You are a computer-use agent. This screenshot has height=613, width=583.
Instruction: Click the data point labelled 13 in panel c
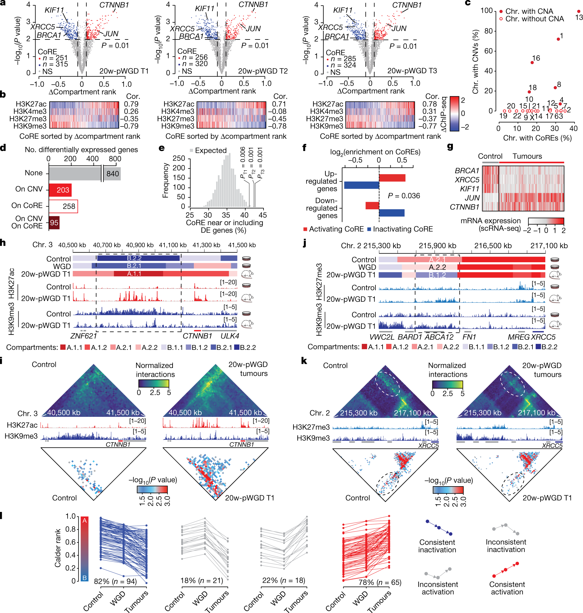pos(578,11)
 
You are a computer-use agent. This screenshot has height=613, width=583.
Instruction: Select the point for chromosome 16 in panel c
pos(532,62)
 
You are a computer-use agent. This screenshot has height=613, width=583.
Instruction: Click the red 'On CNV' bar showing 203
pos(60,190)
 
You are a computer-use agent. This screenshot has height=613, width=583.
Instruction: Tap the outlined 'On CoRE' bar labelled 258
pos(63,206)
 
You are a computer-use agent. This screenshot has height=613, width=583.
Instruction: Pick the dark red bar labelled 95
pos(54,223)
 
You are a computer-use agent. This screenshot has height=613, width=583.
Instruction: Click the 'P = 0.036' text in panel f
pos(404,196)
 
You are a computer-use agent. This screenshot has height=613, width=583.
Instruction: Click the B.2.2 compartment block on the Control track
pos(138,258)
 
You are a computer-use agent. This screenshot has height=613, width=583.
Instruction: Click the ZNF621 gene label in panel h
pos(83,336)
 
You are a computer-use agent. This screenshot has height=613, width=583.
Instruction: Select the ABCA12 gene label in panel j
pos(439,337)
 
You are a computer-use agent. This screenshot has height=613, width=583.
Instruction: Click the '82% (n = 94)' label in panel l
pos(115,581)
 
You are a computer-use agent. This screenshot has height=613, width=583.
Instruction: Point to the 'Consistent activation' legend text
pos(507,588)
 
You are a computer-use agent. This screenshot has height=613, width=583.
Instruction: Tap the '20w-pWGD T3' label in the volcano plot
pos(412,71)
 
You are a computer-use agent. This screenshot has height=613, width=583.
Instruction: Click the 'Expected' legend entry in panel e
pos(210,151)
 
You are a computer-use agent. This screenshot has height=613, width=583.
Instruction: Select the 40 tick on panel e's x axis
pos(244,215)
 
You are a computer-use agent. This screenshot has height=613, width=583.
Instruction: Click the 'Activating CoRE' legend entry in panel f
pos(333,229)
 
